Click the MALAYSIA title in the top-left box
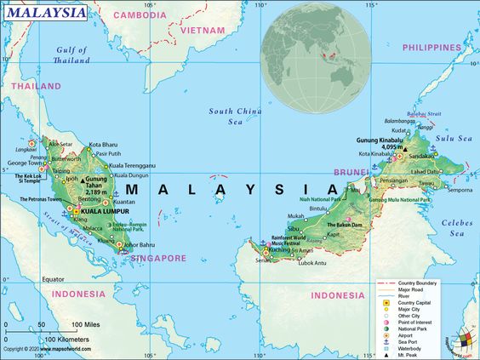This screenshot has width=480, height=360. click(x=46, y=13)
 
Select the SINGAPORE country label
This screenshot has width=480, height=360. click(x=157, y=258)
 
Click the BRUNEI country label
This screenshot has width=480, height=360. click(x=351, y=171)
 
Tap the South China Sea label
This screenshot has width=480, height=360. click(x=234, y=116)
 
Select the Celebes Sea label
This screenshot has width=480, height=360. click(x=457, y=226)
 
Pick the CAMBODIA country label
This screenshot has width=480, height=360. click(x=140, y=15)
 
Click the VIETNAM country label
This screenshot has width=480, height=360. click(x=202, y=30)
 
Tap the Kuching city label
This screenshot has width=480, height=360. click(x=279, y=250)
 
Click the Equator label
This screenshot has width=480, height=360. click(x=54, y=279)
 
